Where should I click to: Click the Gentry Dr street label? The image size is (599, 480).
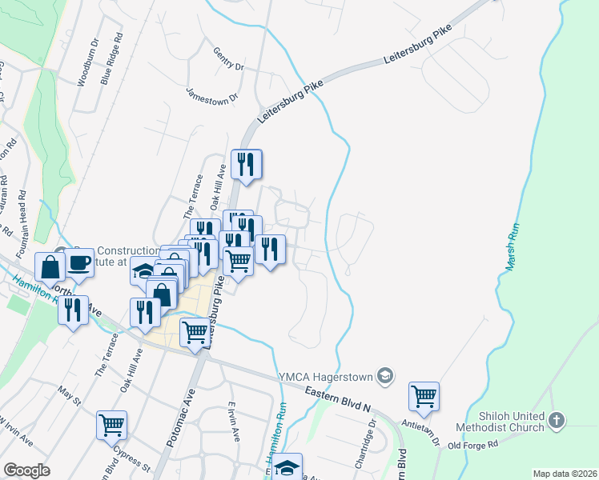tap(228, 59)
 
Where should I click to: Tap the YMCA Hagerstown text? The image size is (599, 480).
tap(326, 376)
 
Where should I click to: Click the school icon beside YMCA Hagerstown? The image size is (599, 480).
tap(385, 375)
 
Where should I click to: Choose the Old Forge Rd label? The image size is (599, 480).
tap(472, 445)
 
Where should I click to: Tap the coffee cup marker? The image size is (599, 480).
tap(79, 262)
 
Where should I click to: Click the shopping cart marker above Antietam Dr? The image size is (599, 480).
tap(424, 395)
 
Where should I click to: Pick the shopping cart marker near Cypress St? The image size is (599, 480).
tap(112, 425)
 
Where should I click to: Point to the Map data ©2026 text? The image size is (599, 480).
tap(565, 474)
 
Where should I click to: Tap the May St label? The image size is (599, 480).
tap(70, 394)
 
